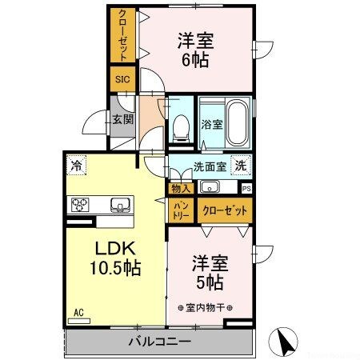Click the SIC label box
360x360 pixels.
pos(122,79)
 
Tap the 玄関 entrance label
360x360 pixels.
pos(122,120)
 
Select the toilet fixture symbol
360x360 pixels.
pos(181,124)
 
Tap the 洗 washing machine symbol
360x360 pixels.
pos(239,166)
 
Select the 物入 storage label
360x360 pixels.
pos(180,189)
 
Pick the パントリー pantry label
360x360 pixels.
pos(181,211)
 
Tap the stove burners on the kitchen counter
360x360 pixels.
pos(81,204)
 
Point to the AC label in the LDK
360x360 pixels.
pos(78,313)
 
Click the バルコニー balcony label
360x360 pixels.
pos(159,342)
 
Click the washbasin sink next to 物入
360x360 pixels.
pos(209,188)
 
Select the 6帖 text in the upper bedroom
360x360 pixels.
pos(195,61)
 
